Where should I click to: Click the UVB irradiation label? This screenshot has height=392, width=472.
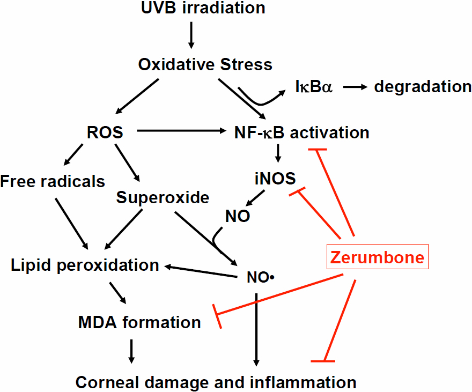(x=204, y=9)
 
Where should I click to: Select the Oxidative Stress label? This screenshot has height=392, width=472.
(x=205, y=65)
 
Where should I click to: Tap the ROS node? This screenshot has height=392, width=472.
(x=105, y=132)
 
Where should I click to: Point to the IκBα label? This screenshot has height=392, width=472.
(x=314, y=86)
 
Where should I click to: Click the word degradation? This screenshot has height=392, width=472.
(x=423, y=86)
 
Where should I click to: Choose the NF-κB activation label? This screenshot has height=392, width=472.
(x=301, y=132)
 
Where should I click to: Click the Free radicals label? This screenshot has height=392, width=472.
(x=53, y=181)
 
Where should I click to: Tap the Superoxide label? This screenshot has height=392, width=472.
(x=163, y=197)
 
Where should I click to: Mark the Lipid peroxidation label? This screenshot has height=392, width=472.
(x=85, y=265)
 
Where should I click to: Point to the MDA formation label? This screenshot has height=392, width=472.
(x=139, y=322)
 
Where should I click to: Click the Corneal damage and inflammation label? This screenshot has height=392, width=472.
(x=216, y=382)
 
